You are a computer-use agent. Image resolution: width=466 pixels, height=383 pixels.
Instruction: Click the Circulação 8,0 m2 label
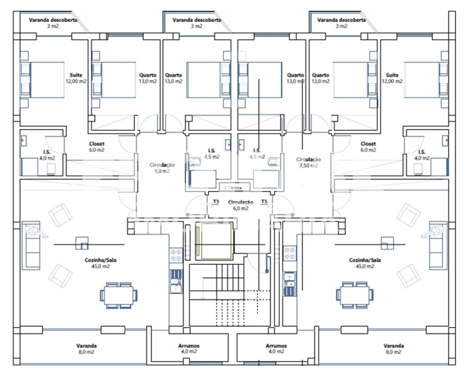[x=161, y=168]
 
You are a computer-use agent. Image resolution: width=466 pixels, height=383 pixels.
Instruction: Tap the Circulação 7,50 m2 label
[x=309, y=162]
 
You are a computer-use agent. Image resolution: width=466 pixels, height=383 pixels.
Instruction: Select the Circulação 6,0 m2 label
[x=240, y=205]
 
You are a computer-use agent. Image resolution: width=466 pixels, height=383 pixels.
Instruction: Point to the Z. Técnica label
[x=233, y=188]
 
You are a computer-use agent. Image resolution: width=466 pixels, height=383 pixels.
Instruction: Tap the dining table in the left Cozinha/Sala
[x=119, y=295]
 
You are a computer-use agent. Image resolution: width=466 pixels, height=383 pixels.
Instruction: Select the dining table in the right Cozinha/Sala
[x=353, y=295]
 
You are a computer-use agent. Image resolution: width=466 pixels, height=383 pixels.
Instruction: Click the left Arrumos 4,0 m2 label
[x=189, y=348]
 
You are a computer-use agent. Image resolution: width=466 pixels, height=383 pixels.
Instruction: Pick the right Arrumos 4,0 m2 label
[x=276, y=348]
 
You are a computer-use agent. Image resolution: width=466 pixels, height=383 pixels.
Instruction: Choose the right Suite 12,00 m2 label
[x=392, y=78]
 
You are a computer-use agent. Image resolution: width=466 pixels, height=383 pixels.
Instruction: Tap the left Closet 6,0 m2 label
[x=97, y=147]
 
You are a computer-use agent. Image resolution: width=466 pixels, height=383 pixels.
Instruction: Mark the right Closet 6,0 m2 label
[x=368, y=147]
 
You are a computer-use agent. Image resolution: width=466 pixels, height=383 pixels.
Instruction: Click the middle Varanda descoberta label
[x=196, y=23]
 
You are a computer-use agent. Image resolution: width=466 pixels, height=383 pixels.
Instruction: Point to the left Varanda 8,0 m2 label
[x=86, y=348]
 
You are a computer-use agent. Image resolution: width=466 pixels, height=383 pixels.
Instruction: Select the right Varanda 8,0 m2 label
[x=394, y=348]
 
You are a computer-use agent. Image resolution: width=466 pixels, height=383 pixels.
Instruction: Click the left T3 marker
[x=215, y=202]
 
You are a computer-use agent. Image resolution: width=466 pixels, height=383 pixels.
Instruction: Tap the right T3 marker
[x=264, y=202]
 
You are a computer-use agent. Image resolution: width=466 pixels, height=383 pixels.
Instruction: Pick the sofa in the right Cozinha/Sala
[x=437, y=245]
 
